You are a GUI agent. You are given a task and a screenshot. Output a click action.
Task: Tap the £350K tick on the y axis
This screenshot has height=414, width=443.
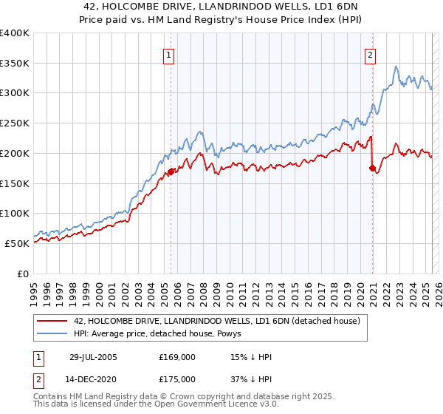15,64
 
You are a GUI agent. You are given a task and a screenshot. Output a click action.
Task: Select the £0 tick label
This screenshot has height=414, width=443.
22,274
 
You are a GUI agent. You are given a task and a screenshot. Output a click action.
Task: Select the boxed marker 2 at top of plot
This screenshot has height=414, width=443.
370,54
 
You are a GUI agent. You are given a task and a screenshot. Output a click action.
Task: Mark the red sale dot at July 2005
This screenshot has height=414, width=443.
171,172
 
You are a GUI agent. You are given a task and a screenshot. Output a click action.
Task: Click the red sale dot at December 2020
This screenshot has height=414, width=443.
371,169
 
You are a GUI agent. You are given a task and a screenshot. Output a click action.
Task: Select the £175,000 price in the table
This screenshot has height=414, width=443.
177,379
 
